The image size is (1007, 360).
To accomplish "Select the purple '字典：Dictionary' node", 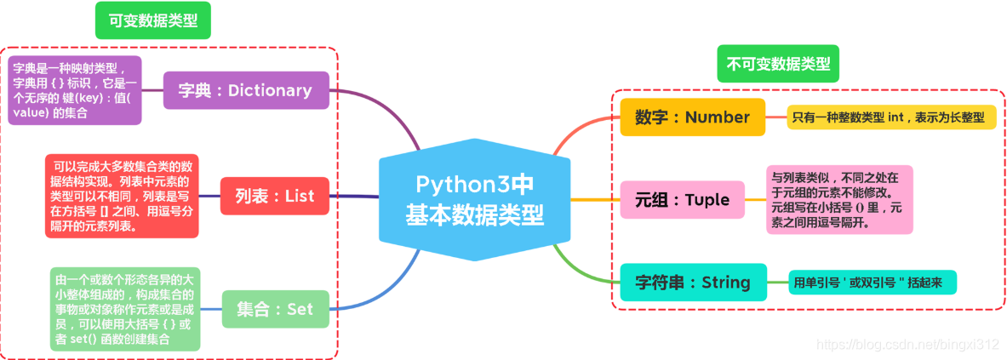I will pos(245,90).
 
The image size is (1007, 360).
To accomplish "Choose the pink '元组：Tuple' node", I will pos(682,200).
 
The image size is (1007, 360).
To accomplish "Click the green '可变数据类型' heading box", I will pos(152,21).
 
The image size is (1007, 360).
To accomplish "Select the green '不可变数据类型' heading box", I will pos(777,64).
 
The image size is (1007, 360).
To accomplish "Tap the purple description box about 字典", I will pos(75,90).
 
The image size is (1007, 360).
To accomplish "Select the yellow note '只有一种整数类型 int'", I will pos(891,117).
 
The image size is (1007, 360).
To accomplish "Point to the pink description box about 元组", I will pos(838,199).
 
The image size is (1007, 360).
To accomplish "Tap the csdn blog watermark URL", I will pos(906,345).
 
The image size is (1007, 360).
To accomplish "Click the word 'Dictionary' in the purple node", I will pos(270,90).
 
